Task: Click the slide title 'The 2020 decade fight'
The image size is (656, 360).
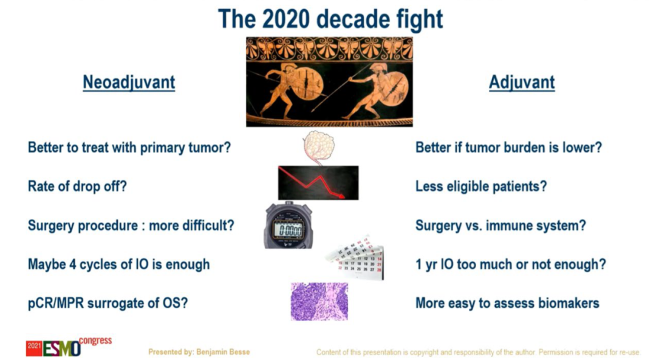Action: pyautogui.click(x=330, y=19)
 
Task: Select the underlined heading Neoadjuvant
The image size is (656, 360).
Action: pyautogui.click(x=129, y=83)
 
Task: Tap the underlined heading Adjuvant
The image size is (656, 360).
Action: pyautogui.click(x=522, y=83)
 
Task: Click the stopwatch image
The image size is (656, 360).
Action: pyautogui.click(x=289, y=225)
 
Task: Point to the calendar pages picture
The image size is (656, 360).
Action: pyautogui.click(x=355, y=257)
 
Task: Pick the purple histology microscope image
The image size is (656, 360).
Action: pyautogui.click(x=319, y=302)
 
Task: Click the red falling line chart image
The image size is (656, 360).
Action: pyautogui.click(x=318, y=183)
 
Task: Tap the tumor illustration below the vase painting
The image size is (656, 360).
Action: pyautogui.click(x=318, y=147)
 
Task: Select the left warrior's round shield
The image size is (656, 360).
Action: pyautogui.click(x=307, y=84)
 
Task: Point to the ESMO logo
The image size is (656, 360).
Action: pyautogui.click(x=69, y=347)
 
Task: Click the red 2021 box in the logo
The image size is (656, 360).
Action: pyautogui.click(x=34, y=348)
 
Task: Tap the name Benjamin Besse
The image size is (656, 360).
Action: pyautogui.click(x=223, y=352)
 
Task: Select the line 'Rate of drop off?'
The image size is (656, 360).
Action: pyautogui.click(x=77, y=186)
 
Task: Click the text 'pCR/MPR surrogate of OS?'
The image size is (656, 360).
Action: pyautogui.click(x=108, y=303)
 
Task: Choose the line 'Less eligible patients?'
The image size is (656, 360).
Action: pyautogui.click(x=481, y=186)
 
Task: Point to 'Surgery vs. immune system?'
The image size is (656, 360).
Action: pyautogui.click(x=501, y=225)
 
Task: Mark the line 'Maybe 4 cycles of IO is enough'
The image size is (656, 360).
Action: pyautogui.click(x=119, y=264)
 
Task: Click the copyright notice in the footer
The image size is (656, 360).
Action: pyautogui.click(x=478, y=353)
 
